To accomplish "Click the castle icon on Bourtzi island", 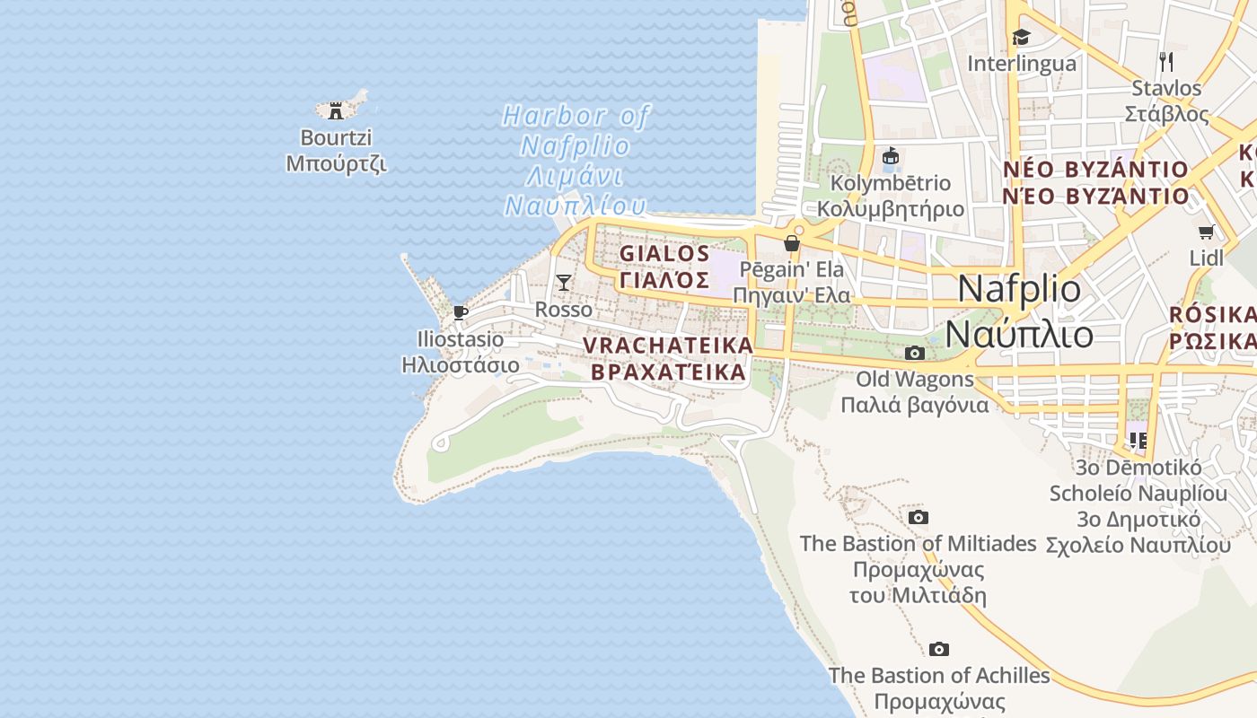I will tap(336, 110).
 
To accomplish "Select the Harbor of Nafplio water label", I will tap(575, 161).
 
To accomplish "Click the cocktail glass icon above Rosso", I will tap(563, 283).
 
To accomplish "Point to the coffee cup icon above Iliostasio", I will tap(461, 312).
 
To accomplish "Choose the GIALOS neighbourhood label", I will tap(664, 267).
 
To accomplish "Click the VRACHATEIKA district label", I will tap(668, 358).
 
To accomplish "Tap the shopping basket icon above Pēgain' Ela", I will tap(791, 243).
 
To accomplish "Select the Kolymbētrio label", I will tap(890, 196).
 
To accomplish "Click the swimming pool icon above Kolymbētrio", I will tap(890, 156).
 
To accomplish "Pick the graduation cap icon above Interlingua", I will tap(1021, 37).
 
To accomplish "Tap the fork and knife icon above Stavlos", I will tap(1166, 61).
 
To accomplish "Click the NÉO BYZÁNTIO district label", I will tap(1095, 182).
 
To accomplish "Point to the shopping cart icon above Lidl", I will tap(1207, 232).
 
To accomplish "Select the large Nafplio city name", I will tap(1020, 311).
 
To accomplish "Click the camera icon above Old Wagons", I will tap(914, 353).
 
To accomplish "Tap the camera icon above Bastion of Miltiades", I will tap(918, 517).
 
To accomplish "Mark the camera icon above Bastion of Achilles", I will tap(938, 649).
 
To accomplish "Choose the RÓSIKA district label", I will tap(1212, 328).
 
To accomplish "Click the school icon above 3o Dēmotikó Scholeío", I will tap(1138, 440).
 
